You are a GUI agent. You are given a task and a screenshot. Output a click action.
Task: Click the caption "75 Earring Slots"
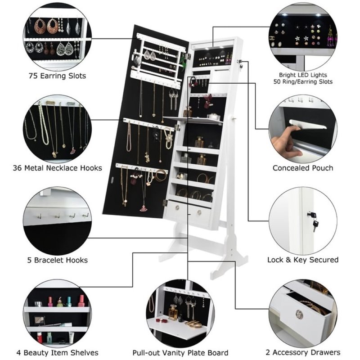57,76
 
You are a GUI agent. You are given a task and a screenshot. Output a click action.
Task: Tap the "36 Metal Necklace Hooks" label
57,168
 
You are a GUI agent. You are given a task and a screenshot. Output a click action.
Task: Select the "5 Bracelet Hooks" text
57,260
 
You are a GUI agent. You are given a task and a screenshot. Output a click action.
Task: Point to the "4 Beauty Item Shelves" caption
57,352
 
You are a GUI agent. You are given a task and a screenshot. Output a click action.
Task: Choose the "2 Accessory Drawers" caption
303,352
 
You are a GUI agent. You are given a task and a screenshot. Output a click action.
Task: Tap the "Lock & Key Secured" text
303,260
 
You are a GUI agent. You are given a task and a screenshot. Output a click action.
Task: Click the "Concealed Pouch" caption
303,168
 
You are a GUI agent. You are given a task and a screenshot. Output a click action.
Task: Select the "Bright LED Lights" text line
303,74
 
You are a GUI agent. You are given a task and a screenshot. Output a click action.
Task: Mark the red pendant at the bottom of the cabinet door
144,208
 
